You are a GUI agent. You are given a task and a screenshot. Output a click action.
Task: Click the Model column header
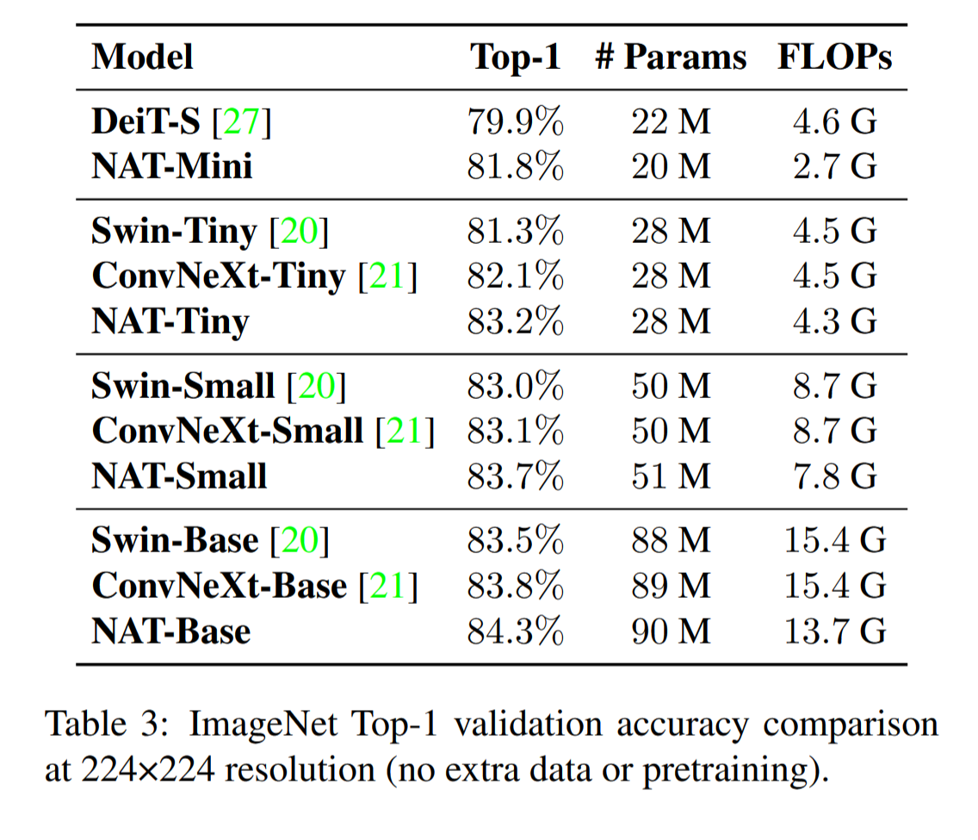142,57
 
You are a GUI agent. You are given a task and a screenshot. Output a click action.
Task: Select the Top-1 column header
516,57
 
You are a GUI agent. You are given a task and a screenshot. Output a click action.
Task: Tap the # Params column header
671,57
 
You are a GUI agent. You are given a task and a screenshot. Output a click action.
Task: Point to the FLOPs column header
834,57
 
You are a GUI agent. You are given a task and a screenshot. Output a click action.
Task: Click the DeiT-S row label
146,121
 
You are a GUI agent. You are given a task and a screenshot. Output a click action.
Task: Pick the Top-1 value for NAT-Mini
516,166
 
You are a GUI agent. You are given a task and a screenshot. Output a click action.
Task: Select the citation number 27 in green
241,121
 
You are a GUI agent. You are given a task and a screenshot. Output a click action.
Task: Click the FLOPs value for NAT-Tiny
834,320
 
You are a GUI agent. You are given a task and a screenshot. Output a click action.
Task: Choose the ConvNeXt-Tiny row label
219,276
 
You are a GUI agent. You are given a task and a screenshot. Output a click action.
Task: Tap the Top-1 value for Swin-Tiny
516,231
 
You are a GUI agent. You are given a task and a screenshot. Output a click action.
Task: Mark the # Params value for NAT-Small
671,476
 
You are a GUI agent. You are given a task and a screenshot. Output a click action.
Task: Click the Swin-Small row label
183,386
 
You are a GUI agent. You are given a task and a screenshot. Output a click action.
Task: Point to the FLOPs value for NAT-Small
834,476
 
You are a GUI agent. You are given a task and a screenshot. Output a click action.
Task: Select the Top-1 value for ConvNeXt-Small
516,431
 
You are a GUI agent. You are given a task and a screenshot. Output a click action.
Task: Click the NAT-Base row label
171,631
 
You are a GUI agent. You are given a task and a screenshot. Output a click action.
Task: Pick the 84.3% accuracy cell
516,631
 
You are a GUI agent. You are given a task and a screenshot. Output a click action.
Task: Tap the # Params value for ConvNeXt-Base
671,585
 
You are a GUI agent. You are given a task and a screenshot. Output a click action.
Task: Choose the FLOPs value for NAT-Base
834,631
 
